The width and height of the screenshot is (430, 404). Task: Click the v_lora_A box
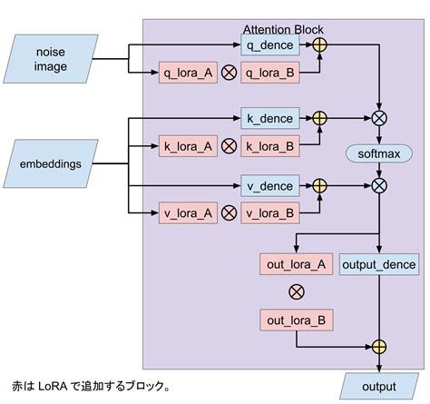pyautogui.click(x=187, y=213)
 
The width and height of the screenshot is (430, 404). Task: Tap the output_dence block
pyautogui.click(x=378, y=265)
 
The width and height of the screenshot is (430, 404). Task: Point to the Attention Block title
pyautogui.click(x=283, y=29)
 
